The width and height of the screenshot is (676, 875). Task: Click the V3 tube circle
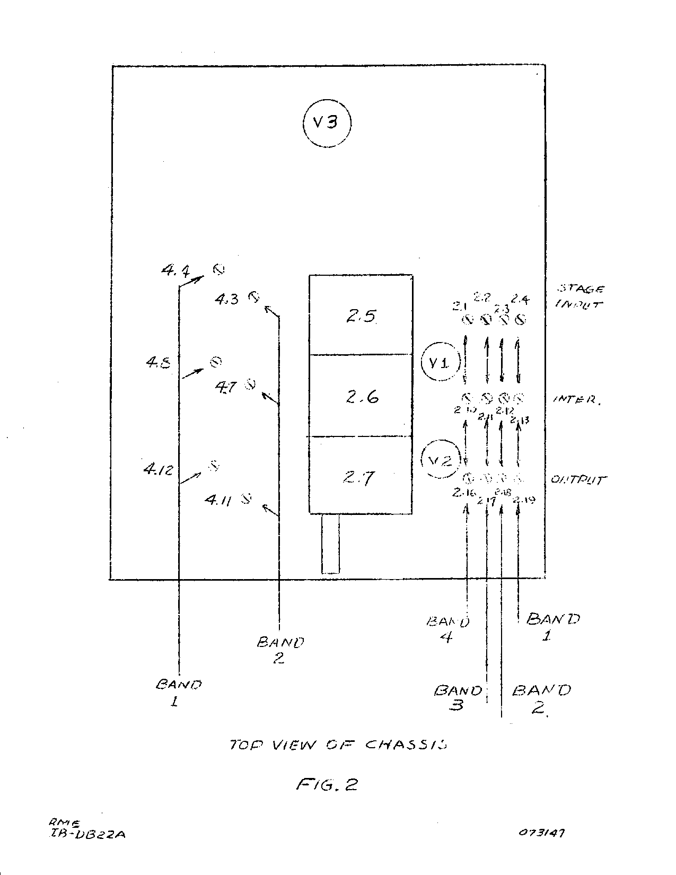(x=327, y=123)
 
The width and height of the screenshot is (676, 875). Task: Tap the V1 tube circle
(x=438, y=363)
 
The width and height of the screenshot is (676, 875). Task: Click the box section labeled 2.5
(x=361, y=315)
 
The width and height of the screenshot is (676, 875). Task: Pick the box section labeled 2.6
(x=361, y=396)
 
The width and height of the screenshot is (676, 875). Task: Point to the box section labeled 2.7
(x=361, y=476)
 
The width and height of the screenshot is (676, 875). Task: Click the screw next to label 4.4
(x=218, y=269)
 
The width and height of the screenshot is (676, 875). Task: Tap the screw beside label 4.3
(x=254, y=296)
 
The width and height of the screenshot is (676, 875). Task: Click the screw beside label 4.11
(x=246, y=498)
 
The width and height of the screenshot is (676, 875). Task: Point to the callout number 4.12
(x=158, y=469)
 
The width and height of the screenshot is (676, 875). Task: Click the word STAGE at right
(x=581, y=289)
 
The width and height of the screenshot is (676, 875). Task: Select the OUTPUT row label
(x=578, y=480)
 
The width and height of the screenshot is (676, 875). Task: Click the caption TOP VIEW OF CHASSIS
(x=338, y=745)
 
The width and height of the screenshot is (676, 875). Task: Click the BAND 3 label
(x=458, y=697)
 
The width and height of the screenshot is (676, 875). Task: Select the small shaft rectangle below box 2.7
(x=330, y=544)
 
